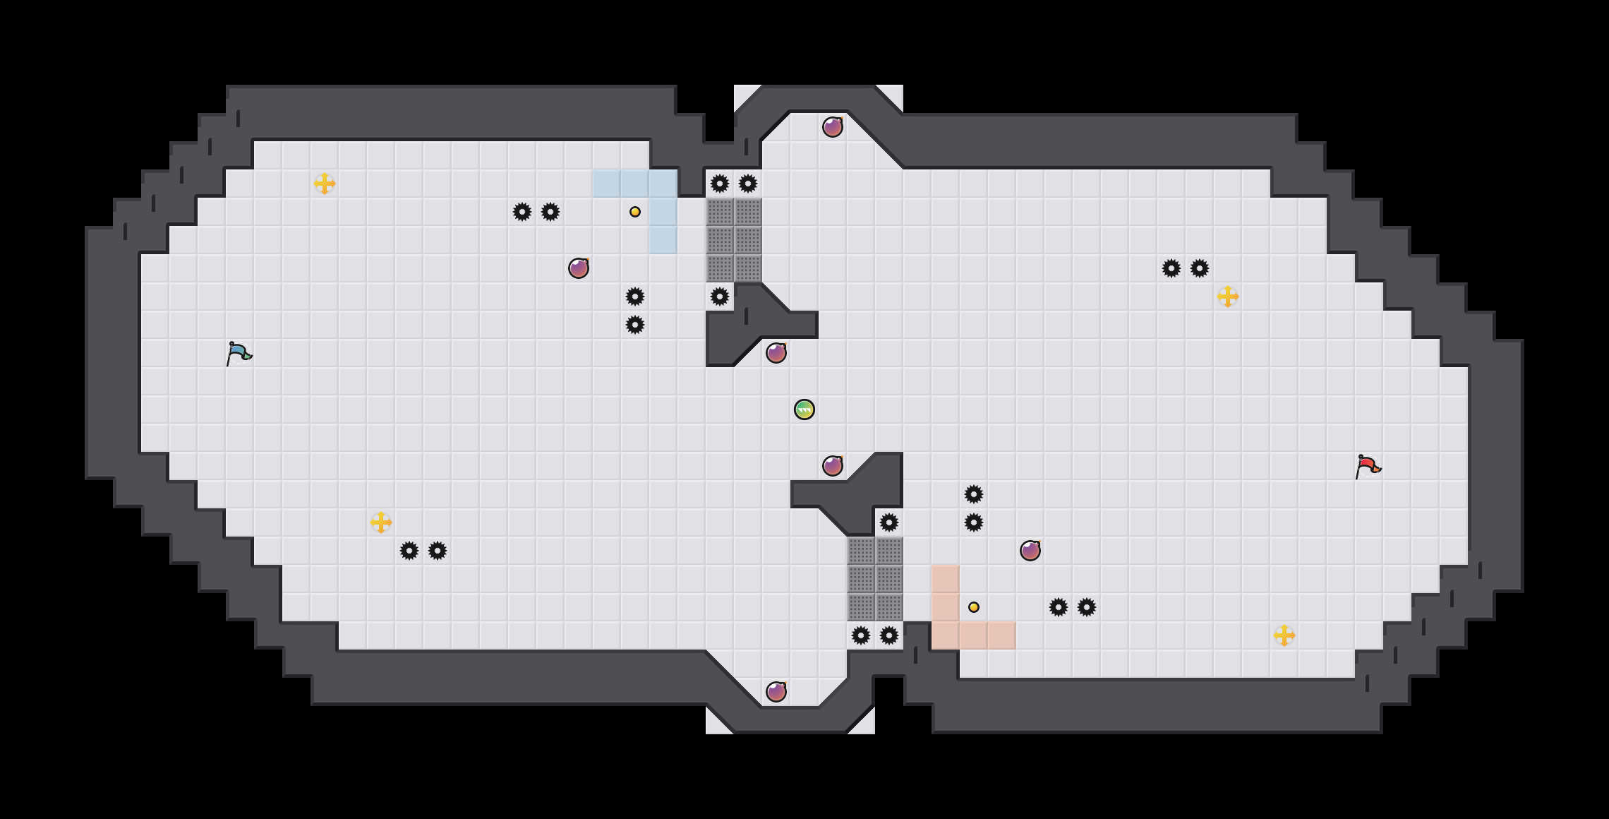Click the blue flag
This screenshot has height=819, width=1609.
(x=239, y=353)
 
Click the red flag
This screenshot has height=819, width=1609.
(x=1368, y=466)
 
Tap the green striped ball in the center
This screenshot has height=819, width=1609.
(x=804, y=409)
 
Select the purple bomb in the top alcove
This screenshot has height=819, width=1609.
(x=833, y=127)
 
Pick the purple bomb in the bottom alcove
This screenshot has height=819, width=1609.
(x=776, y=692)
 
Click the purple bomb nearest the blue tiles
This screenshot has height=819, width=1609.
(x=579, y=268)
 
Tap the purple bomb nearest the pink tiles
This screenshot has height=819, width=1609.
(x=1030, y=551)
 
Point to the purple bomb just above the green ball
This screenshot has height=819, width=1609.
(x=776, y=353)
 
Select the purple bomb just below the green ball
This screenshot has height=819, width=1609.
(x=833, y=466)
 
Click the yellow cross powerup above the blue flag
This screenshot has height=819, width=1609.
(x=325, y=184)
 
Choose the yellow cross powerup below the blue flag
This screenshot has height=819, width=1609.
(x=381, y=522)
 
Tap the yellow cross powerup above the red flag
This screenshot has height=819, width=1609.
(x=1228, y=297)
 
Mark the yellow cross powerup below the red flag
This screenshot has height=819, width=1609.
(x=1284, y=635)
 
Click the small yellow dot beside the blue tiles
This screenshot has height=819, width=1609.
(x=635, y=212)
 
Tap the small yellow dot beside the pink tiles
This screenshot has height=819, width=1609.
(x=974, y=607)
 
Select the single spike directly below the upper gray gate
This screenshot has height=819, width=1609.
(x=720, y=297)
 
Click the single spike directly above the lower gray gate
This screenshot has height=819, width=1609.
(x=889, y=522)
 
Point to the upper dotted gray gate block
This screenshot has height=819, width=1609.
(x=734, y=240)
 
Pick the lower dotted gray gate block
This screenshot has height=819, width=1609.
(x=875, y=579)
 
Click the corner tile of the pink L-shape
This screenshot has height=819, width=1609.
(x=946, y=635)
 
